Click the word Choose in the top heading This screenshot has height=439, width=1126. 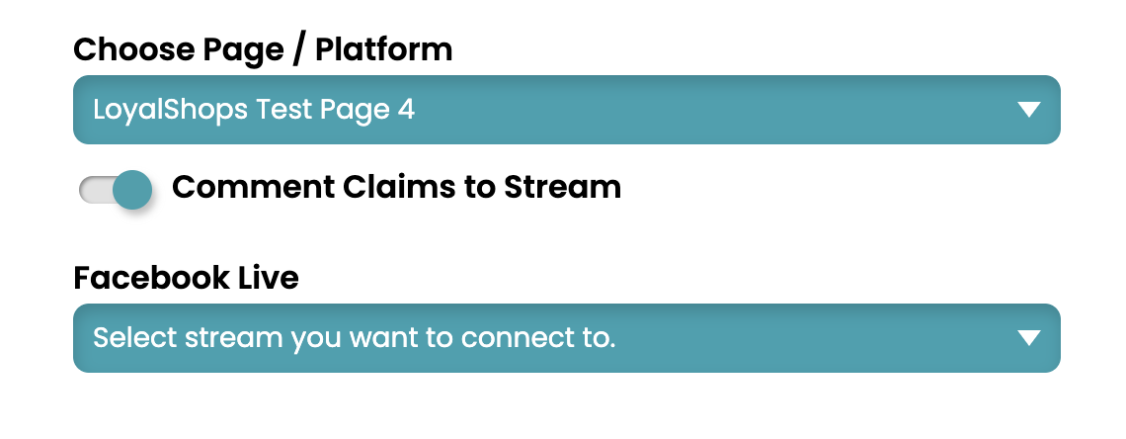tap(134, 50)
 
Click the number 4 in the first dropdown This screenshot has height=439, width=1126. tap(407, 111)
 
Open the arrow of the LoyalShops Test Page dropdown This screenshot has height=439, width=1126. tap(1029, 110)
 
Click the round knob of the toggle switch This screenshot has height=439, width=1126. tap(133, 190)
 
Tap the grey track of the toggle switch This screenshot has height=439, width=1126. tap(96, 191)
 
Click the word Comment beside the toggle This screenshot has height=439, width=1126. tap(254, 188)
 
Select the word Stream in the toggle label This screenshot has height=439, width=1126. tap(562, 188)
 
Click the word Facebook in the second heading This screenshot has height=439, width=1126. tap(141, 278)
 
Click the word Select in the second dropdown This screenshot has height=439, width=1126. tap(135, 338)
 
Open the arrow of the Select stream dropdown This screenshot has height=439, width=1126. tap(1029, 338)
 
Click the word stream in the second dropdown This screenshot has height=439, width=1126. tap(233, 338)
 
